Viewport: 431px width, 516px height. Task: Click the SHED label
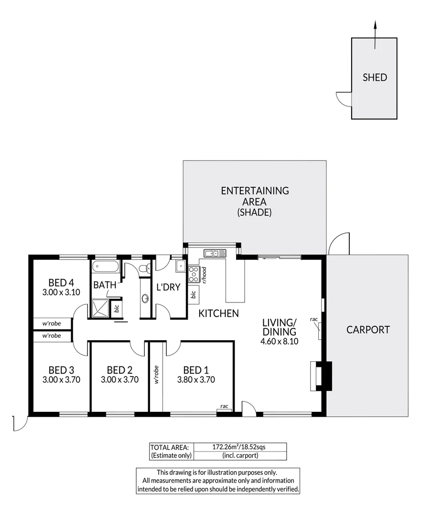pos(375,77)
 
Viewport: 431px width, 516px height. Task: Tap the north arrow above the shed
pos(375,35)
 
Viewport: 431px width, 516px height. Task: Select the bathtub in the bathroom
pos(105,267)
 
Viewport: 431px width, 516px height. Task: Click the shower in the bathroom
pos(100,308)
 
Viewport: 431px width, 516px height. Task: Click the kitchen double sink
pos(215,253)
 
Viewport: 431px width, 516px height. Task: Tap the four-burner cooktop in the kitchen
pos(194,274)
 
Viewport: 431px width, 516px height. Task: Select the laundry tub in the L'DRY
pos(181,266)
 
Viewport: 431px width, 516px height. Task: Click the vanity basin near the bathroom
pos(145,299)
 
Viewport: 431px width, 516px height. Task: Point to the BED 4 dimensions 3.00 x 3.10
pos(61,292)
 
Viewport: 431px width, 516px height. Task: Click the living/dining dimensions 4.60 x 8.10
pos(280,341)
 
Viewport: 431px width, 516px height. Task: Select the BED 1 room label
pos(196,370)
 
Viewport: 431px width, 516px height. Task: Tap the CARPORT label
pos(368,330)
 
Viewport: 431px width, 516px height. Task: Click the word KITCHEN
pos(219,313)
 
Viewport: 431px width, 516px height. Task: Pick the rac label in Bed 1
pos(225,406)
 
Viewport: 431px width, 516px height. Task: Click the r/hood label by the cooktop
pos(204,275)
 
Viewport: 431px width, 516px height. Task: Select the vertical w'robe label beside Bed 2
pos(156,375)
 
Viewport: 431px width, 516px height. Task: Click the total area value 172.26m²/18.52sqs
pos(239,447)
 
